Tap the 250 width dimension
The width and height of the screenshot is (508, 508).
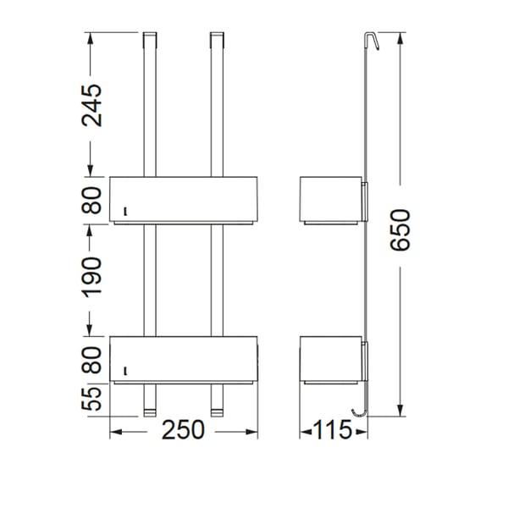pyautogui.click(x=184, y=431)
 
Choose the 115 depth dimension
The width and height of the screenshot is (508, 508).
pyautogui.click(x=333, y=431)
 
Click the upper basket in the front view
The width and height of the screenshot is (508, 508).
pyautogui.click(x=184, y=200)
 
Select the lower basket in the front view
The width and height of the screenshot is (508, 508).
pyautogui.click(x=184, y=359)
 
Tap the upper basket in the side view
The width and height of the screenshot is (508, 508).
pyautogui.click(x=331, y=200)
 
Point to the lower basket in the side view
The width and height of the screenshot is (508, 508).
pyautogui.click(x=331, y=359)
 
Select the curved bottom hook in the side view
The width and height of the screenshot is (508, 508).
pyautogui.click(x=362, y=411)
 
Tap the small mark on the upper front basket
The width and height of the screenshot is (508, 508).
pyautogui.click(x=124, y=212)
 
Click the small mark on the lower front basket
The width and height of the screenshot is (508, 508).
pyautogui.click(x=124, y=370)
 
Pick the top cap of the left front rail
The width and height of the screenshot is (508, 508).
pyautogui.click(x=150, y=38)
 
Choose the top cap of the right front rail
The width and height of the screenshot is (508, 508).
pyautogui.click(x=216, y=38)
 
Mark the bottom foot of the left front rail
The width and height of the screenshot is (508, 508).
pyautogui.click(x=150, y=412)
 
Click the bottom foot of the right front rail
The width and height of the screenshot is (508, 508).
pyautogui.click(x=216, y=412)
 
